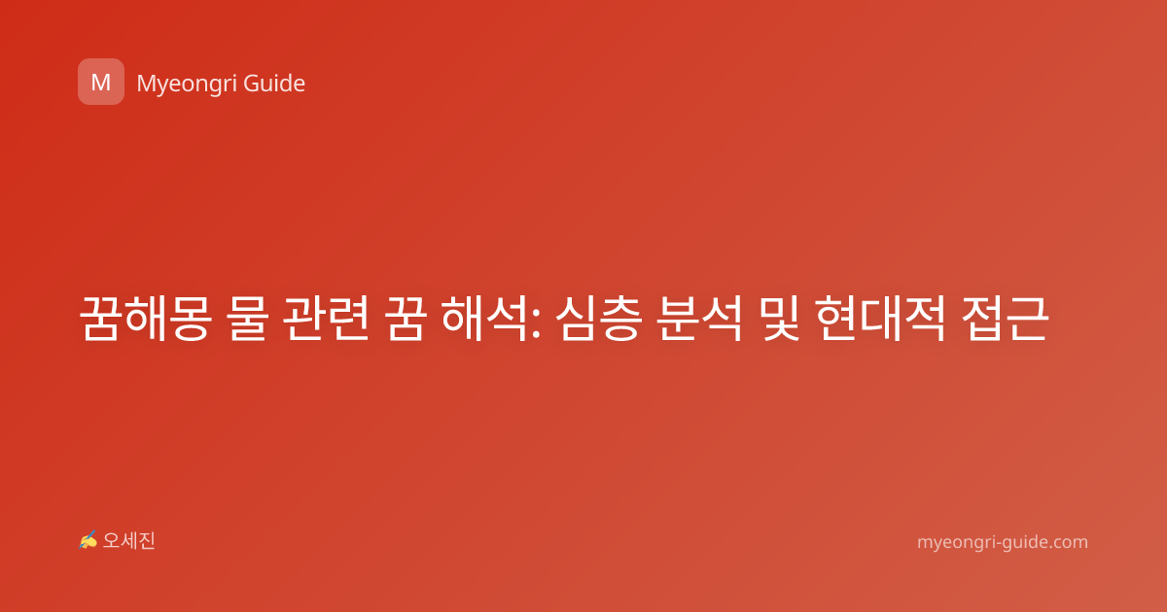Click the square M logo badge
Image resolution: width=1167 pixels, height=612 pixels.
(101, 82)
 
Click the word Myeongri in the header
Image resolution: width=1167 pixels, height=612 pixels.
(186, 85)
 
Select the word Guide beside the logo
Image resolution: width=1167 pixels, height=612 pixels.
(274, 84)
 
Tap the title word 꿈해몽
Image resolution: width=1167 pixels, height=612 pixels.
(145, 319)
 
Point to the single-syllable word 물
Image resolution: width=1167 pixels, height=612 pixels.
(248, 319)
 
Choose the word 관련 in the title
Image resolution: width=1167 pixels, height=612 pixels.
(326, 319)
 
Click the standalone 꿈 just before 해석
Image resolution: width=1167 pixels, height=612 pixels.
(406, 319)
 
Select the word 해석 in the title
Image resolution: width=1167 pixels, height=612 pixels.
(484, 319)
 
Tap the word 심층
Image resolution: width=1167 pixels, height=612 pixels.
(598, 319)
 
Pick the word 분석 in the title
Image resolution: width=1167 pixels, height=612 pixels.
(698, 319)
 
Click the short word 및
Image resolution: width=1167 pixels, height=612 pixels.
(778, 319)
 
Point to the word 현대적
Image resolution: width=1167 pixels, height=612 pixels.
(880, 319)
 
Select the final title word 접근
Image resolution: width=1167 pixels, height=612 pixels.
(1005, 319)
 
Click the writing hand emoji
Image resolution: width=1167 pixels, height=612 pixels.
(88, 540)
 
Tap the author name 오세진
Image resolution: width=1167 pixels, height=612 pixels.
(128, 541)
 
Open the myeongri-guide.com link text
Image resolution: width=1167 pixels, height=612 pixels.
(1003, 542)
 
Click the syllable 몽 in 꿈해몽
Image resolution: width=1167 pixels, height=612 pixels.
(190, 319)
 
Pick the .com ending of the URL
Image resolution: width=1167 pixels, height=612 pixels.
(1068, 543)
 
